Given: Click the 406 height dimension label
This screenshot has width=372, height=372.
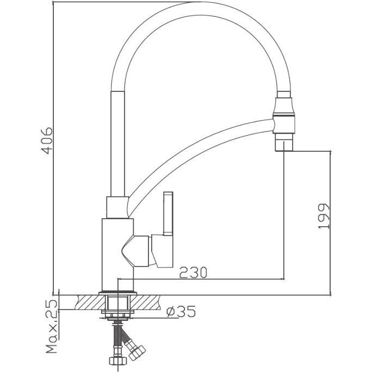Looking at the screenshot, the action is (47, 141).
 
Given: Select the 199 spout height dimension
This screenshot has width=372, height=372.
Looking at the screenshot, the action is (324, 216).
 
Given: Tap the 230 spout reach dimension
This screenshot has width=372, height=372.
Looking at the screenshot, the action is (193, 272).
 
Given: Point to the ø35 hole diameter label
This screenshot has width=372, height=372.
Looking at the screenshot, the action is (181, 311).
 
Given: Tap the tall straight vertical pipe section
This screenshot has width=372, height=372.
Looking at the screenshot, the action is (117, 144).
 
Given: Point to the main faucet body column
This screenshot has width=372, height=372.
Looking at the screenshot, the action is (117, 255).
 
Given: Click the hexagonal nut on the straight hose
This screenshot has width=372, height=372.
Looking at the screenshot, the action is (118, 361).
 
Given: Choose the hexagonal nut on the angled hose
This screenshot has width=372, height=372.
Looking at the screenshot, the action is (137, 352).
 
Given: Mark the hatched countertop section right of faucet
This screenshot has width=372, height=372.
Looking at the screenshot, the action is (145, 302).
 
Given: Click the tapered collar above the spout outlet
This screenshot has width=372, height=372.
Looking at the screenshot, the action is (284, 106).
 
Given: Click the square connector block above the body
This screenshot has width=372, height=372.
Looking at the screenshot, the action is (117, 207).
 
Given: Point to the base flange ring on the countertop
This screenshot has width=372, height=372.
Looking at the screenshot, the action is (117, 293).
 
